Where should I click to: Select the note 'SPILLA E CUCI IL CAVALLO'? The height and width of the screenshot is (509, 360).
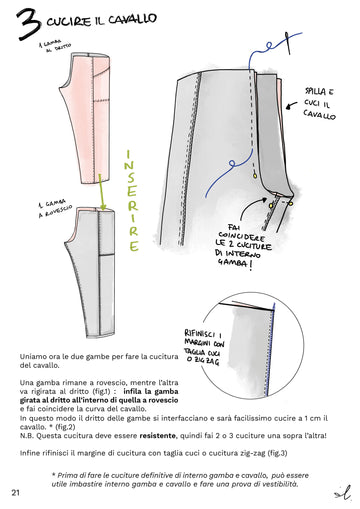pyautogui.click(x=319, y=101)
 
